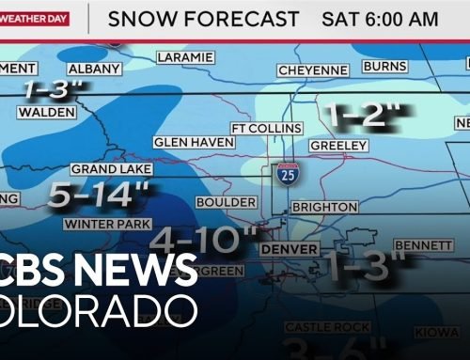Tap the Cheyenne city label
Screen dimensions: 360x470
click(x=312, y=70)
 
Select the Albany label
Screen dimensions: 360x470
click(x=93, y=69)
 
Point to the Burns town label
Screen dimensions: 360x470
click(x=384, y=68)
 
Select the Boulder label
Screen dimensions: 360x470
click(x=226, y=202)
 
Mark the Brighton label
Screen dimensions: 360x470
click(x=324, y=207)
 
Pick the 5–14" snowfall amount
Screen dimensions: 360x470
click(x=99, y=196)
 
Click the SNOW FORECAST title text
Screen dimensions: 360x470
click(x=203, y=19)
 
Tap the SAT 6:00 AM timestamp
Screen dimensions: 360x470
click(x=380, y=19)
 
